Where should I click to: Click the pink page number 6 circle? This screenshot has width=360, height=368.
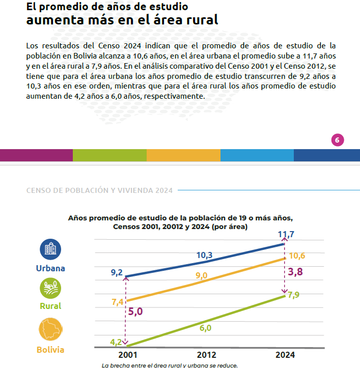(x=338, y=140)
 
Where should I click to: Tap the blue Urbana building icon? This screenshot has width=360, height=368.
(x=50, y=249)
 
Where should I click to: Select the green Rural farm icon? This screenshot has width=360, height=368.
(x=50, y=288)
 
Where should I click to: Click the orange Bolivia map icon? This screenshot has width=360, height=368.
(x=50, y=329)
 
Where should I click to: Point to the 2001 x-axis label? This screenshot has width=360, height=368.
(x=127, y=355)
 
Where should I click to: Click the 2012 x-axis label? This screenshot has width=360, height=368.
(x=206, y=355)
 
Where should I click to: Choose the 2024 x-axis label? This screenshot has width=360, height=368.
(x=285, y=355)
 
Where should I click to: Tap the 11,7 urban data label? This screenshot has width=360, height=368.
(x=286, y=234)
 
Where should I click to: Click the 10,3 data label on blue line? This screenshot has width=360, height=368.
(x=204, y=255)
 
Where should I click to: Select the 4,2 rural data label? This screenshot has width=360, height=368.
(x=116, y=342)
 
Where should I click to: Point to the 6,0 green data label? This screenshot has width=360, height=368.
(x=206, y=328)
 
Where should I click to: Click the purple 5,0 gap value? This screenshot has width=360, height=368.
(x=135, y=312)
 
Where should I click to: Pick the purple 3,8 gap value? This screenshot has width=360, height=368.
(x=295, y=272)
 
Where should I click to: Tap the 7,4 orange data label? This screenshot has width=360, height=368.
(x=118, y=302)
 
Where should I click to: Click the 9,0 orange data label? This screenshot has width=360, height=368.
(x=202, y=275)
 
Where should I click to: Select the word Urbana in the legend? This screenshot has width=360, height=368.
(x=50, y=268)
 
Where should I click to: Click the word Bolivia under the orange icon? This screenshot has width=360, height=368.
(x=50, y=350)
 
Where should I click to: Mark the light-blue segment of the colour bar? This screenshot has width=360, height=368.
(x=257, y=155)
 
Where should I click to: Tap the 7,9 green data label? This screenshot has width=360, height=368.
(x=293, y=295)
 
